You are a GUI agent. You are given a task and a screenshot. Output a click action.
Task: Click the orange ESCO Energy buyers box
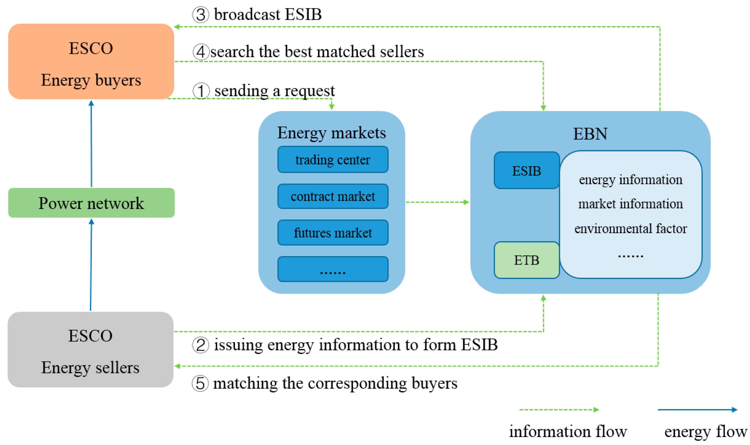point(91,61)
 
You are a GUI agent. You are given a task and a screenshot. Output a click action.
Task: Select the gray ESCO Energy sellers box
point(90,350)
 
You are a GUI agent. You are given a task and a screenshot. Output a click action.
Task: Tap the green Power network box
point(91,203)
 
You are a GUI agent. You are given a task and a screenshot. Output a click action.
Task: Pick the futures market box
point(333,233)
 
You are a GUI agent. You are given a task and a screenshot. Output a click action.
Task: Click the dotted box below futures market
point(333,269)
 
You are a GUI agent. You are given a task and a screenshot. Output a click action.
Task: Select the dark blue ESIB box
point(526,171)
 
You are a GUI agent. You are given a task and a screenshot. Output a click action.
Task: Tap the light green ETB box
point(526,260)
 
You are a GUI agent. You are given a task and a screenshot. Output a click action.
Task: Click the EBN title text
point(590,134)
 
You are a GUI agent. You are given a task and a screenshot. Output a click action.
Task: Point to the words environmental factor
point(631,229)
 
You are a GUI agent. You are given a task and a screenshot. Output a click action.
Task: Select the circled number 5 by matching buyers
point(200,384)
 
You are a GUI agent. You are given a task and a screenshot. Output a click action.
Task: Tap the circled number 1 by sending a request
point(201,91)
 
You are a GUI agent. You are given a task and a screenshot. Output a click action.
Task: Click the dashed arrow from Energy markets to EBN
point(437,202)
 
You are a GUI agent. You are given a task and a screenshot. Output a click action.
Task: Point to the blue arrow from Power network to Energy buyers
point(91,144)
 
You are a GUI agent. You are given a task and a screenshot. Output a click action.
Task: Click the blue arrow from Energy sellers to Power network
point(91,265)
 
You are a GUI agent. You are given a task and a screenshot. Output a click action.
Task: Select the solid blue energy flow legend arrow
point(697,410)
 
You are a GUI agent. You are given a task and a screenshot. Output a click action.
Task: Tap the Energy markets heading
point(331,133)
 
